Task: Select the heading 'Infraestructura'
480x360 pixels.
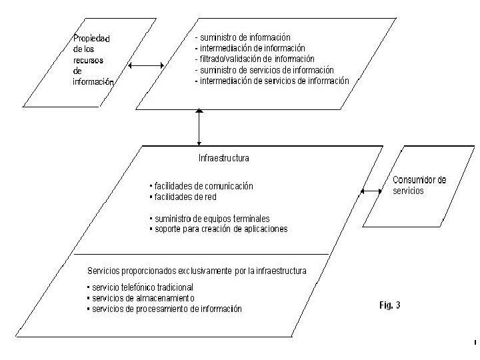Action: pyautogui.click(x=224, y=159)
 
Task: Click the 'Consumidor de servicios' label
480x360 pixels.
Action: pyautogui.click(x=419, y=185)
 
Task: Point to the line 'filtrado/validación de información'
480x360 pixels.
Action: pyautogui.click(x=255, y=59)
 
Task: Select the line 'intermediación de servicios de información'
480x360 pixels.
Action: pyautogui.click(x=271, y=81)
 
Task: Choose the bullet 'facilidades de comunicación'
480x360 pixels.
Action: pyautogui.click(x=203, y=186)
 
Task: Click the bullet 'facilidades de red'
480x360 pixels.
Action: pyautogui.click(x=185, y=197)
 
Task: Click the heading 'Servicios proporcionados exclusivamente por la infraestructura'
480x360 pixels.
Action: pyautogui.click(x=197, y=271)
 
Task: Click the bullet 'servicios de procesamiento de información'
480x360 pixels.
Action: pyautogui.click(x=163, y=309)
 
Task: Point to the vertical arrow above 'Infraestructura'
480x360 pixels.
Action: pyautogui.click(x=199, y=129)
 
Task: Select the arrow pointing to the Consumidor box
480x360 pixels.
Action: pyautogui.click(x=370, y=191)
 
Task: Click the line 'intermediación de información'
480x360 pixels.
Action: pyautogui.click(x=249, y=48)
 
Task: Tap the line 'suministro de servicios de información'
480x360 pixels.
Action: pyautogui.click(x=264, y=69)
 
